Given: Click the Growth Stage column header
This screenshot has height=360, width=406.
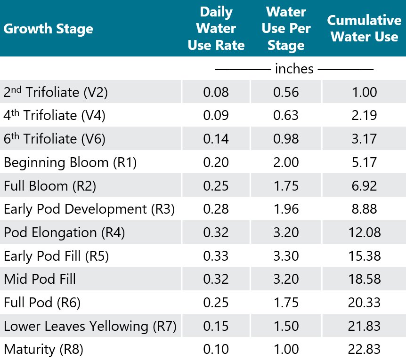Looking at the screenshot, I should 48,29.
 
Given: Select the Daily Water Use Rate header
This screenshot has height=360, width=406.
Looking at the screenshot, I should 216,29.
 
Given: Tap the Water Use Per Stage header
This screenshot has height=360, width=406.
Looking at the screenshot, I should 286,29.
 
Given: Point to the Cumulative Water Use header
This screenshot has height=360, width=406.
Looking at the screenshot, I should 364,29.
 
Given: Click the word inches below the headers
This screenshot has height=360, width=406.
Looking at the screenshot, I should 294,69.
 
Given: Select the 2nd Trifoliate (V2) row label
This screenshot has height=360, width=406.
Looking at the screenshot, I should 56,92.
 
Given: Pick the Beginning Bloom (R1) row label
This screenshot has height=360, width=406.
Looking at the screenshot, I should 70,162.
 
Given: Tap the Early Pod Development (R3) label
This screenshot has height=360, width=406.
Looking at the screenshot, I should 89,209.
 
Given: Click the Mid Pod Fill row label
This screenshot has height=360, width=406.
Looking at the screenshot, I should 40,279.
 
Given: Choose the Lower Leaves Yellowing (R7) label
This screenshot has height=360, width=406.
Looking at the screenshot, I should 89,326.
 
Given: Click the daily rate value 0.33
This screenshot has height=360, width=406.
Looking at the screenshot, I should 216,256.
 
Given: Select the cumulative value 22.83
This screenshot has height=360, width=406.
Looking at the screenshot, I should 364,349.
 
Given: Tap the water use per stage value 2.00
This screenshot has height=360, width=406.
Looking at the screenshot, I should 286,162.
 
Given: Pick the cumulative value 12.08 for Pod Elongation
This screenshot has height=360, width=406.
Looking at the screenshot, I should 364,232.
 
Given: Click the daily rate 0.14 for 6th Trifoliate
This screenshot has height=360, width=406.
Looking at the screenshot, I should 216,139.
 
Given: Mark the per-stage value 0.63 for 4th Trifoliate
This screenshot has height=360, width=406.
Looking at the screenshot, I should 286,115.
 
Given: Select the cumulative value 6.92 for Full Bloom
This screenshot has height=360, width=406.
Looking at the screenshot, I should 364,186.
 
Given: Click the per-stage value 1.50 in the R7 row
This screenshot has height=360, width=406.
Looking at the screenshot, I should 286,326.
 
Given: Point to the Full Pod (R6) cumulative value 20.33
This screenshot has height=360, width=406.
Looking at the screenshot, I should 364,303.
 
